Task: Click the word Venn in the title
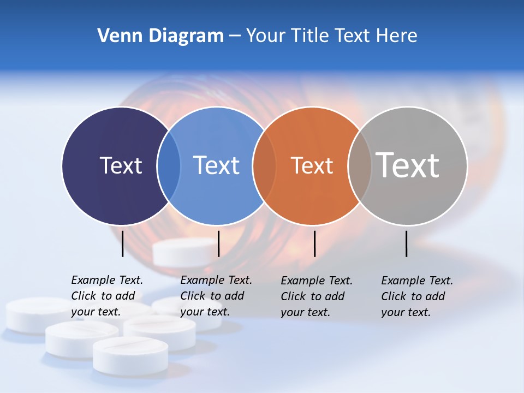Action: click(118, 36)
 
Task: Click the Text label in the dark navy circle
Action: click(121, 165)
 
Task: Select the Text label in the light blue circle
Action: click(216, 165)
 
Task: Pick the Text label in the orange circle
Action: click(312, 165)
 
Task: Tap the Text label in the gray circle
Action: click(408, 165)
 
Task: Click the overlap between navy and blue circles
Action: click(169, 165)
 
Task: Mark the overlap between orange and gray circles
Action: click(360, 165)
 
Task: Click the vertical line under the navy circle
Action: click(122, 243)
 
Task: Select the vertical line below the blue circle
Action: click(218, 243)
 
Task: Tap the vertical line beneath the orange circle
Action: click(314, 243)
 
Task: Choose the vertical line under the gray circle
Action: click(407, 243)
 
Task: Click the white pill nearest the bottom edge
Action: click(130, 355)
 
